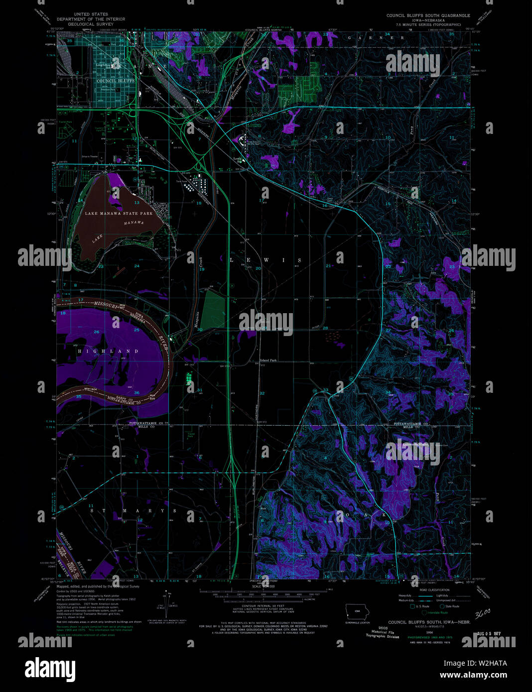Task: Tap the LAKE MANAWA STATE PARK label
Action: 119,214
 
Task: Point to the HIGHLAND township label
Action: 108,351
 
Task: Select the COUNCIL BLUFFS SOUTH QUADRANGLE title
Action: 428,15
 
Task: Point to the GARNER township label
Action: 377,38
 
